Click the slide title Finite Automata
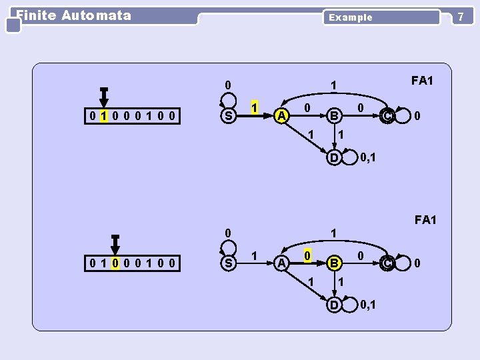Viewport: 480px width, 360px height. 73,15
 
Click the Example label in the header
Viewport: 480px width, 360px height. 351,17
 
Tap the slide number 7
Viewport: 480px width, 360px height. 460,16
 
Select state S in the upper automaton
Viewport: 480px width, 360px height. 229,117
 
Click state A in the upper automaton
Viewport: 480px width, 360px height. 282,117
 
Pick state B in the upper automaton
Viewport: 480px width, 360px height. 335,117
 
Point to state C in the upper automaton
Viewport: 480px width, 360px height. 387,117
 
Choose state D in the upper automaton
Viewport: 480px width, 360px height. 334,158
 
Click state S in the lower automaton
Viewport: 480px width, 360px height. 229,263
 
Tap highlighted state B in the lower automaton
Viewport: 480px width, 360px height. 335,263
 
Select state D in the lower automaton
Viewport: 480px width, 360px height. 334,305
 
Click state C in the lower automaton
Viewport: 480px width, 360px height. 387,263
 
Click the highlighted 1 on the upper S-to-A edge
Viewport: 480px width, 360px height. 254,107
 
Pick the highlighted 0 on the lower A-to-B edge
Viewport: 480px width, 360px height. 306,255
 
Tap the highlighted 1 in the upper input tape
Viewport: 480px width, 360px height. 103,117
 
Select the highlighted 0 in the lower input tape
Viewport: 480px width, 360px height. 115,263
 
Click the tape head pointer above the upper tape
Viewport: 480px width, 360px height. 103,97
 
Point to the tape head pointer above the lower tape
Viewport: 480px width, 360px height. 115,243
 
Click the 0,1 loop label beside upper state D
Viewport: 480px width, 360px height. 367,158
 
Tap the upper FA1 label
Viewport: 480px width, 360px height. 422,81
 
